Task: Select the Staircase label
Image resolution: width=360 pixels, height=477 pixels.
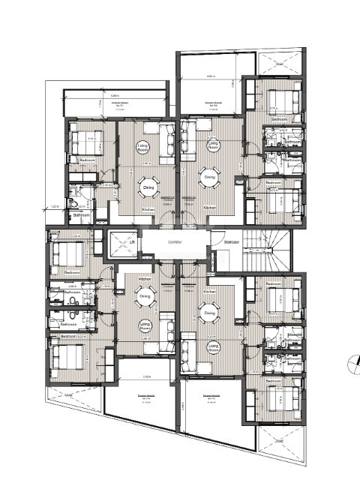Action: [218, 241]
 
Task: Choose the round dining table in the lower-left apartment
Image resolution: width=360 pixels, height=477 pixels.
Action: [144, 297]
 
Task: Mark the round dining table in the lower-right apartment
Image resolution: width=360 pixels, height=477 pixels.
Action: [210, 313]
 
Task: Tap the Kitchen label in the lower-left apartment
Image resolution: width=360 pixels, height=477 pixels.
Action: [145, 278]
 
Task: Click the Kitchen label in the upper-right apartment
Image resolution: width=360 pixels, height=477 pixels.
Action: [210, 207]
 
